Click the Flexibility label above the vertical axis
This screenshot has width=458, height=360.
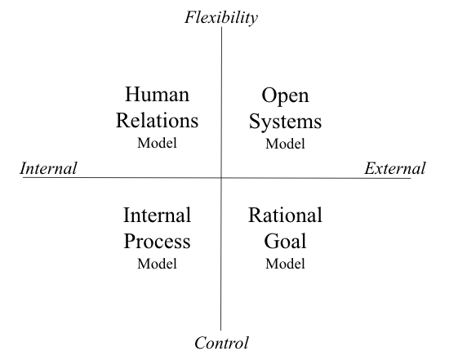pyautogui.click(x=221, y=17)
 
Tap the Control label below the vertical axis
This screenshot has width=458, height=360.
pyautogui.click(x=221, y=343)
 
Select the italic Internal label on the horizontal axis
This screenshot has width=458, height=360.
pyautogui.click(x=48, y=168)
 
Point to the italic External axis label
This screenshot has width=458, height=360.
pyautogui.click(x=395, y=168)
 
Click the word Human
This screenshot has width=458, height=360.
pyautogui.click(x=157, y=95)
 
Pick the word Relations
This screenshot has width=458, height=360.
pyautogui.click(x=157, y=120)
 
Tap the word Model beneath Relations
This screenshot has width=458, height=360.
pyautogui.click(x=157, y=143)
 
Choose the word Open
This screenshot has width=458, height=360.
pyautogui.click(x=285, y=96)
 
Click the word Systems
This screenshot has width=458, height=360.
pyautogui.click(x=285, y=122)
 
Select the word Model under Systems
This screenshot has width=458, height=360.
pyautogui.click(x=285, y=144)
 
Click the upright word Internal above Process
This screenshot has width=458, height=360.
pyautogui.click(x=157, y=216)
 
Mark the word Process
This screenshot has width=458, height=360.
pyautogui.click(x=157, y=241)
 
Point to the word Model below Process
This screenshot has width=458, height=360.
pyautogui.click(x=157, y=264)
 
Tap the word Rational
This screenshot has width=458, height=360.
pyautogui.click(x=285, y=216)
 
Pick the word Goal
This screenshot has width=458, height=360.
pyautogui.click(x=285, y=241)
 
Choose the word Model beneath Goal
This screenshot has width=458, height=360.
pyautogui.click(x=285, y=264)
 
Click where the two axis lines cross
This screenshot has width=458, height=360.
pyautogui.click(x=221, y=177)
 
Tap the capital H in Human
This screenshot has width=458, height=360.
pyautogui.click(x=132, y=95)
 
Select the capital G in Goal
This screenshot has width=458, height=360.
pyautogui.click(x=271, y=241)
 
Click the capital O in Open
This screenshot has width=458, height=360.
pyautogui.click(x=269, y=95)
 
